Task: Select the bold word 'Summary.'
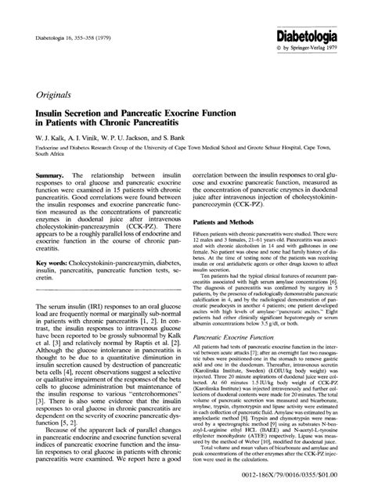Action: pyautogui.click(x=42, y=177)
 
